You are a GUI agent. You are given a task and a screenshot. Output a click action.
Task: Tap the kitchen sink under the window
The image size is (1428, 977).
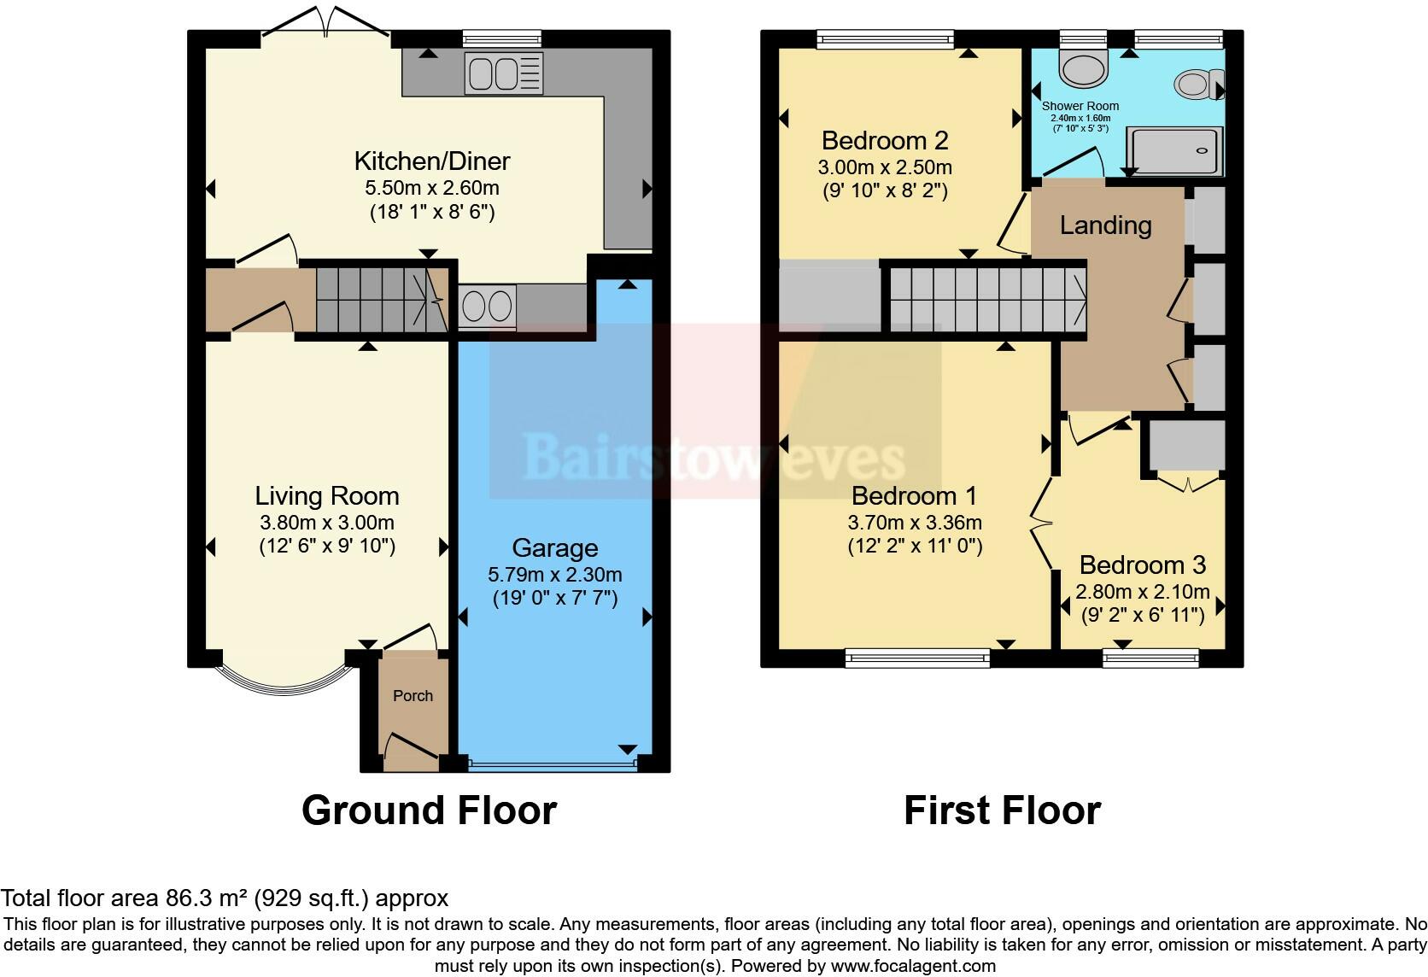[503, 73]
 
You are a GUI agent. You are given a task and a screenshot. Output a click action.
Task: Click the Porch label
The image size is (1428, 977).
[413, 696]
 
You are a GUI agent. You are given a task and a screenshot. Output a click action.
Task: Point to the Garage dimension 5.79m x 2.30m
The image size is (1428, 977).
[554, 575]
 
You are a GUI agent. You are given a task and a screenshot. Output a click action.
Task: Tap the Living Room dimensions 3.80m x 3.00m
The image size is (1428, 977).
[326, 523]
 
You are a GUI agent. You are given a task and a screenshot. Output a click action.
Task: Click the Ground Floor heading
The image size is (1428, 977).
[429, 810]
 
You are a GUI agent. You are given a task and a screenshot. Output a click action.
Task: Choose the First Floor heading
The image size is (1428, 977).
[1002, 810]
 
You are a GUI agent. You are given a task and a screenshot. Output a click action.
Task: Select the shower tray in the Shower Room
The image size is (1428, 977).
[1175, 149]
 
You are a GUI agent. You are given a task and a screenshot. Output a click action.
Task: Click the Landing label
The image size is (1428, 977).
[1105, 225]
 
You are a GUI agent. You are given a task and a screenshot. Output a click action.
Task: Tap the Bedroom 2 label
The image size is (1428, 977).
[885, 140]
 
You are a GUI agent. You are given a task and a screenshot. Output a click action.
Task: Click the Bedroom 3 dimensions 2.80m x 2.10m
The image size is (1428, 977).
[1142, 592]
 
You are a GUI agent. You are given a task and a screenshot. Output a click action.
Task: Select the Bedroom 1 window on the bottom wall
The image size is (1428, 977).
[917, 657]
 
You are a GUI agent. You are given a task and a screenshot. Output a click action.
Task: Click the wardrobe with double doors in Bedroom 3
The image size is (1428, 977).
[1187, 447]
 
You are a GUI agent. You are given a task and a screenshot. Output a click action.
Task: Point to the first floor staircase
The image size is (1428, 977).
[986, 298]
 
